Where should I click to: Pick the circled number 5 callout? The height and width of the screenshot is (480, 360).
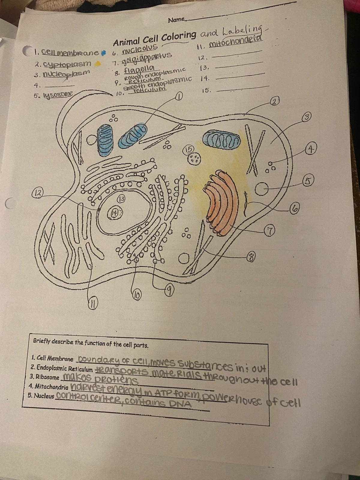coord(307,181)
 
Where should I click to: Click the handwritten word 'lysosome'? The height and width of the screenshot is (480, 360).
coord(58,95)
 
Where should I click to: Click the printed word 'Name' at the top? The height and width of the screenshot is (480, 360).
coord(176,20)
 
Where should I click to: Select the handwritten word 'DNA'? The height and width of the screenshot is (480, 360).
coord(180,404)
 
